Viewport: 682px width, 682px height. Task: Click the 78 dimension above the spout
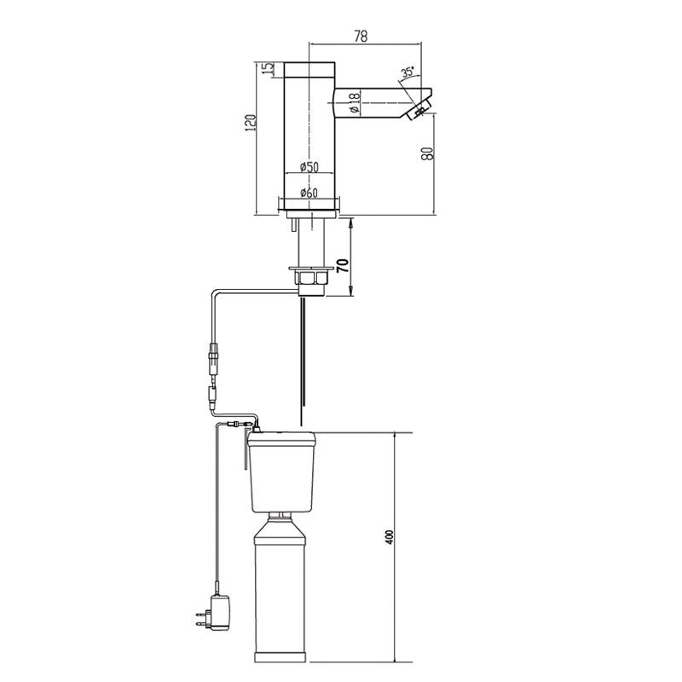[x=361, y=36]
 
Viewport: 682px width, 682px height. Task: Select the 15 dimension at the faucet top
[x=267, y=69]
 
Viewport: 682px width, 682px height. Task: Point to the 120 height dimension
[x=250, y=123]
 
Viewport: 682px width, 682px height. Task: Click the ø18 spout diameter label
[x=353, y=103]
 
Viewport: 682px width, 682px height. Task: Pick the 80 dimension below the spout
[x=428, y=153]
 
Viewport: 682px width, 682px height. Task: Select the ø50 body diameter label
[x=309, y=167]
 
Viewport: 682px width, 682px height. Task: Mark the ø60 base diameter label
[x=309, y=193]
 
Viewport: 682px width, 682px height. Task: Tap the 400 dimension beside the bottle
[x=390, y=538]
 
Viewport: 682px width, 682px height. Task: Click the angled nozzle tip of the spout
[x=419, y=110]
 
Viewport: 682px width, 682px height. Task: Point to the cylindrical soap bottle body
[x=285, y=588]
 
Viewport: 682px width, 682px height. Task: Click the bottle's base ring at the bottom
[x=286, y=656]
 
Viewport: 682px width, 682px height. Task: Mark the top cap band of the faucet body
[x=309, y=69]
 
